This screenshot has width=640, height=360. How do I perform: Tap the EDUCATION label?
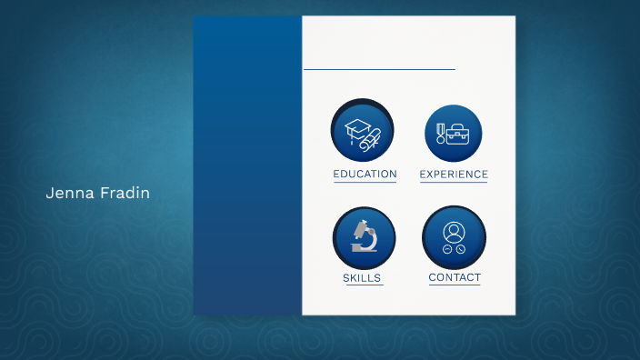365,174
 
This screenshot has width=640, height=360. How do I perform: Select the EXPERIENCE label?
454,174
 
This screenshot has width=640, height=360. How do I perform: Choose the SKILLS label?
362,278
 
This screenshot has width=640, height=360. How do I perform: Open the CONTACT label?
455,277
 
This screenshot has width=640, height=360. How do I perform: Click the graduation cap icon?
358,128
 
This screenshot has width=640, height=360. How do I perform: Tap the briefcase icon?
459,134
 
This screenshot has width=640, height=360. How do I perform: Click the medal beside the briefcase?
441,134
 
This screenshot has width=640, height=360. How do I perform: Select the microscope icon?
364,235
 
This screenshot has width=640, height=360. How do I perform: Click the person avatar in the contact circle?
454,230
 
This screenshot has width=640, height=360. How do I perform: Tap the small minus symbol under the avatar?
447,249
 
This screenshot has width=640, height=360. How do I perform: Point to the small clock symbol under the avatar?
461,249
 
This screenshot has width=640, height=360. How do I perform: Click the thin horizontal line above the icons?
379,69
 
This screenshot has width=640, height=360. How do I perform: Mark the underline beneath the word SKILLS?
362,285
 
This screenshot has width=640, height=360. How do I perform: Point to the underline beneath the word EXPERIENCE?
454,182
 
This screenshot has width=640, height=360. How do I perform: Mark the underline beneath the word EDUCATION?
365,182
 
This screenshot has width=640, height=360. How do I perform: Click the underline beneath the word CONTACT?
455,285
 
